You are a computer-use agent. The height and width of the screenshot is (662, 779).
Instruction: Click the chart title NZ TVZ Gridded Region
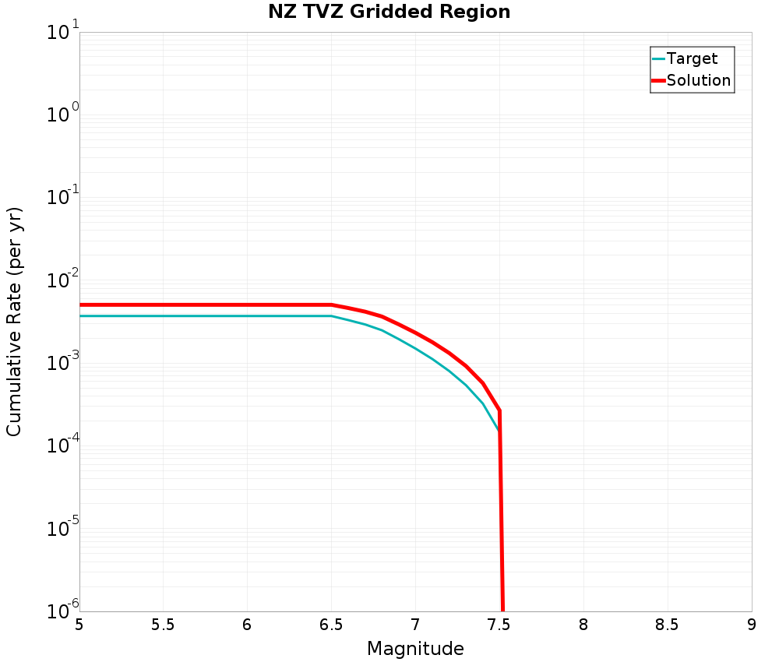click(389, 12)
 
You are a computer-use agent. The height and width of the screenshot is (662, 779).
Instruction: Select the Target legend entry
click(692, 58)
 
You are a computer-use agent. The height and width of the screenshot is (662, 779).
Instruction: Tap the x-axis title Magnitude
click(415, 649)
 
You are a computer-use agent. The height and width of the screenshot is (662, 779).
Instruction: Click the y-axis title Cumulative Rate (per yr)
click(15, 322)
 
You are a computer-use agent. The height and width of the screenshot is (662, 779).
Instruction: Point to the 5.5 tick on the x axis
click(164, 625)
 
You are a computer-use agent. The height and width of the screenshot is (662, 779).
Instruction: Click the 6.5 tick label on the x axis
click(331, 625)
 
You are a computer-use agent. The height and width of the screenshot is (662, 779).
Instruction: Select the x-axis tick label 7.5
click(499, 625)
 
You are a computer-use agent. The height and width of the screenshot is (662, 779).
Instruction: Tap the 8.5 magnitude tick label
click(667, 625)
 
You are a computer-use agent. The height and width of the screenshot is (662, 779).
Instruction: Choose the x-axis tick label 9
click(752, 625)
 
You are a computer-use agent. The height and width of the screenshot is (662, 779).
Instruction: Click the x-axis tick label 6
click(247, 625)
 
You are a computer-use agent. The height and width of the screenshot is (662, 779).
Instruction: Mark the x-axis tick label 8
click(583, 625)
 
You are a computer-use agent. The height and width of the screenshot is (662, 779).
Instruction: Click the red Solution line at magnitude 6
click(247, 305)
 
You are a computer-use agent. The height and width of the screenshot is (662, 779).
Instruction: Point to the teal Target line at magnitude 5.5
click(164, 315)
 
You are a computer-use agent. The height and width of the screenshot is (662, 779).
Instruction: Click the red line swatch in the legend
click(658, 80)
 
